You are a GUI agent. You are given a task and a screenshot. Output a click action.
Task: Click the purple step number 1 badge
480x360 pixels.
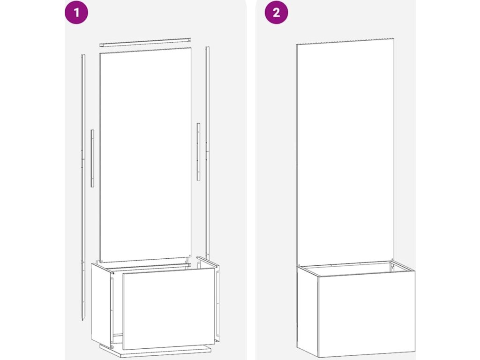[76, 13]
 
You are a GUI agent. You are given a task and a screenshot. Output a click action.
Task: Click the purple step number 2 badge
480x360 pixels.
[276, 13]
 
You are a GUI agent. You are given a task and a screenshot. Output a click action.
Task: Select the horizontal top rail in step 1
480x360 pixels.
[145, 42]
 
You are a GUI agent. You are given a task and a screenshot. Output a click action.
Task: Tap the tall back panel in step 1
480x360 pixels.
[146, 155]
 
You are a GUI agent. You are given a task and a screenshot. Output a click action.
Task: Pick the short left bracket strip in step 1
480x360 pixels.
[92, 158]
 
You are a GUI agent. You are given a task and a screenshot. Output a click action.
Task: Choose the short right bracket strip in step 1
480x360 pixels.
[198, 151]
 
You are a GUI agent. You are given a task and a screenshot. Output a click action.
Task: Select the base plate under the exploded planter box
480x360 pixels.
[156, 352]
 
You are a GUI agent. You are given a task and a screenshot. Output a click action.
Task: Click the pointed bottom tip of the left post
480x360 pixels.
[83, 320]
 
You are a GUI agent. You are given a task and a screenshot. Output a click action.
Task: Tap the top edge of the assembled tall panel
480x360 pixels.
[345, 42]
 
